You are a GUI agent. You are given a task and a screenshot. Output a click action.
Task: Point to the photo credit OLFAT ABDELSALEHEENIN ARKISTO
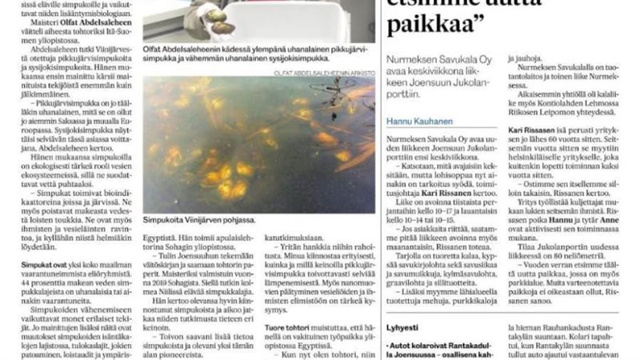pyautogui.click(x=319, y=72)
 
